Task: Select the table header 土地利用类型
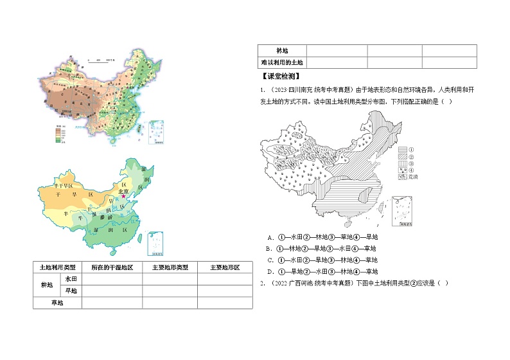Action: [x=57, y=267]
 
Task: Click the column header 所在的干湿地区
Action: [x=112, y=267]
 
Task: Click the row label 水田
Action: [x=70, y=279]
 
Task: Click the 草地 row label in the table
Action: [x=57, y=302]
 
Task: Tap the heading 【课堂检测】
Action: [x=278, y=76]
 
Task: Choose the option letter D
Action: [x=271, y=271]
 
